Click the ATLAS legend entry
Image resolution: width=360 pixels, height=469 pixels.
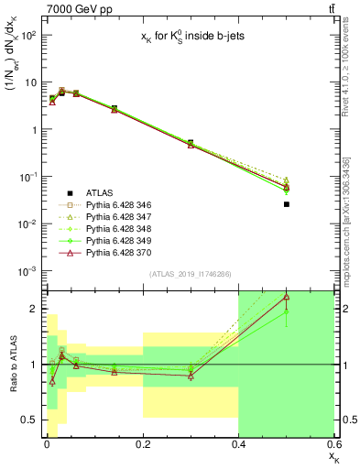point(103,192)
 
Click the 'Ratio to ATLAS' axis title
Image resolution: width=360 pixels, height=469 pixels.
point(13,365)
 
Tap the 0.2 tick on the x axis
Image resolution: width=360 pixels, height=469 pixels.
point(143,445)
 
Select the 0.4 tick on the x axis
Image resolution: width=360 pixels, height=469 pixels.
point(238,445)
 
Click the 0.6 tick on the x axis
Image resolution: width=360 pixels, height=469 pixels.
point(333,445)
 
